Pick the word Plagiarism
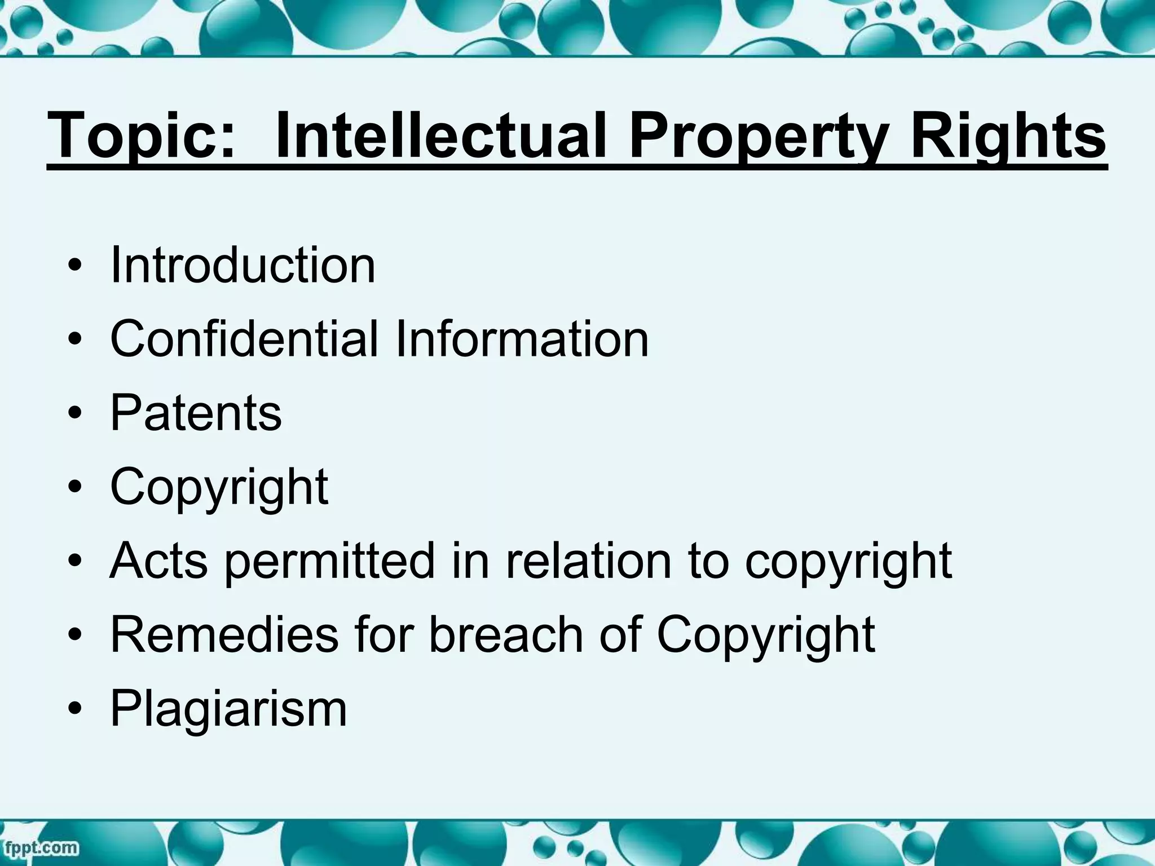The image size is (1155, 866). [228, 708]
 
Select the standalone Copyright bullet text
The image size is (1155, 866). [219, 487]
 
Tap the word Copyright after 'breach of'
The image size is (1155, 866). [766, 635]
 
